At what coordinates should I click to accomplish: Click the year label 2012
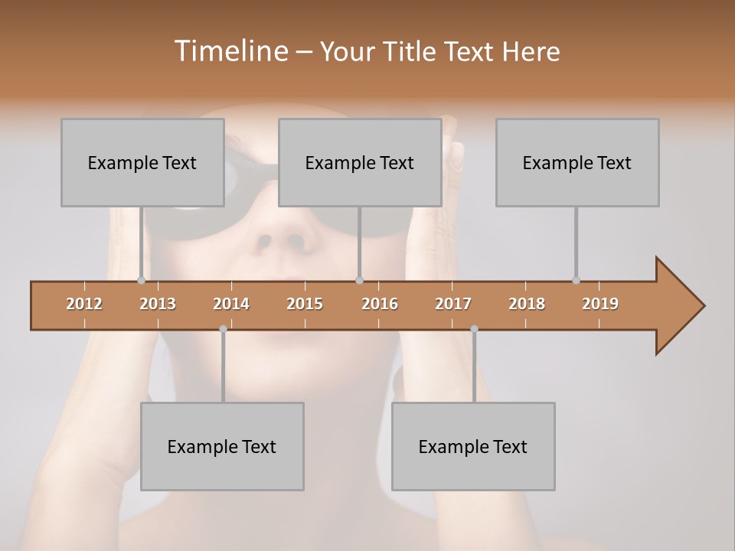coord(84,304)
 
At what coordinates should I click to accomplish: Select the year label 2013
coord(158,304)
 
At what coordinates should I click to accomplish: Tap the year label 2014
coord(231,304)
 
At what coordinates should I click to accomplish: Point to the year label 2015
coord(305,304)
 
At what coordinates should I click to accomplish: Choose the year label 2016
coord(380,304)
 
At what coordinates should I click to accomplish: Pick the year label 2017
coord(453,304)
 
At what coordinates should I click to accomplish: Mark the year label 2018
coord(527,304)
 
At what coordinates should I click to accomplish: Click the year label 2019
coord(600,304)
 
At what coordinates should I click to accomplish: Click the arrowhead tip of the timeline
coord(703,306)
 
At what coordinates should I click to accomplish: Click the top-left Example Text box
coord(142,162)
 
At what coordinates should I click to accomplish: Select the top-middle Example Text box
coord(360,162)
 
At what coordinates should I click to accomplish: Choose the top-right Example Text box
coord(577,162)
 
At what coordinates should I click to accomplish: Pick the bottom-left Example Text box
coord(222,446)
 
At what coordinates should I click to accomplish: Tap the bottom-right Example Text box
coord(473,446)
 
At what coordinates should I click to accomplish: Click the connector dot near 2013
coord(141,280)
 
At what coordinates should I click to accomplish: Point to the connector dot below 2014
coord(223,329)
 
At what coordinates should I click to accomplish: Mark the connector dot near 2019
coord(576,280)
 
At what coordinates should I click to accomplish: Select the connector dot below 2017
coord(474,329)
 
